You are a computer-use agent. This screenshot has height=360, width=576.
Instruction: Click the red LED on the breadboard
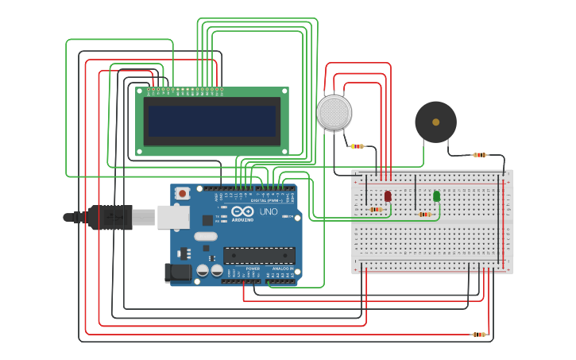pyautogui.click(x=388, y=195)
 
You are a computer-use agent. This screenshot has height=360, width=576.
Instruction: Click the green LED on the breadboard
pyautogui.click(x=436, y=195)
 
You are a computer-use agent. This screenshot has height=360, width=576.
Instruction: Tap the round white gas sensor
pyautogui.click(x=334, y=113)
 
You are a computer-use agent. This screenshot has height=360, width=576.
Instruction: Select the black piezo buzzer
pyautogui.click(x=435, y=122)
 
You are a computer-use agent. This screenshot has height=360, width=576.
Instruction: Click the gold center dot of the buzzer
pyautogui.click(x=435, y=122)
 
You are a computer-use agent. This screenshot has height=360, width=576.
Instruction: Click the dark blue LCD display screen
pyautogui.click(x=212, y=122)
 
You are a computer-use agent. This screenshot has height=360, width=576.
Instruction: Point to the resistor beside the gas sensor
pyautogui.click(x=358, y=146)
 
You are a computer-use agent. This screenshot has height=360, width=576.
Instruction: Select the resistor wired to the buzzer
pyautogui.click(x=479, y=155)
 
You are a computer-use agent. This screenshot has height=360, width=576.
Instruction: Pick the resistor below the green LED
pyautogui.click(x=424, y=214)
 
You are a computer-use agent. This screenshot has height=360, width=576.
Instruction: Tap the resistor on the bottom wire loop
pyautogui.click(x=479, y=335)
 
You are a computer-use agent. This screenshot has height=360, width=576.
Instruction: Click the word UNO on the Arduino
pyautogui.click(x=269, y=212)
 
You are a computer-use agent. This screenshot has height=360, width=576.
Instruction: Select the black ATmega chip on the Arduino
pyautogui.click(x=259, y=255)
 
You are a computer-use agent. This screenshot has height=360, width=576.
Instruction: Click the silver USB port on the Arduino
pyautogui.click(x=173, y=216)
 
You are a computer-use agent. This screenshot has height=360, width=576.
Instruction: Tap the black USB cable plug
pyautogui.click(x=111, y=217)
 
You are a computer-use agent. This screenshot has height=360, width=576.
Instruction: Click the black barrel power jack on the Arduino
pyautogui.click(x=178, y=273)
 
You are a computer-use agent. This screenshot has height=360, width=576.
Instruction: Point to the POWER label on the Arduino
pyautogui.click(x=253, y=269)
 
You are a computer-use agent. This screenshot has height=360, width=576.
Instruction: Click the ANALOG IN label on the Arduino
pyautogui.click(x=281, y=269)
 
